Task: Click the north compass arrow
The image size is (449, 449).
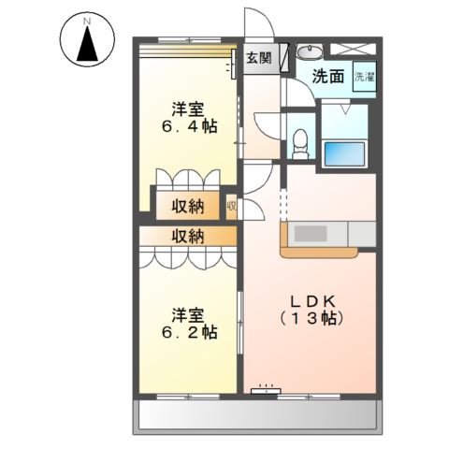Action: (x=88, y=44)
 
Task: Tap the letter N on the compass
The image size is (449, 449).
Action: (x=87, y=22)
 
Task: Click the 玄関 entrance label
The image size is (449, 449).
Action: (x=259, y=58)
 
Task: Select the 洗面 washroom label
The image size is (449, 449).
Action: (x=328, y=77)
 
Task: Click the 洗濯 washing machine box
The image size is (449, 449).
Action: (x=365, y=77)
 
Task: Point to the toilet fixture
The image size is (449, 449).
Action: (x=300, y=144)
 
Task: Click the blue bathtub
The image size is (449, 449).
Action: (x=344, y=154)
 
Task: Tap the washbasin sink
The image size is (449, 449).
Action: (x=310, y=51)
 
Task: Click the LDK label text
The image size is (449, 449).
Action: (x=312, y=301)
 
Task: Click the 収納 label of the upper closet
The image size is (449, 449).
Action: (x=188, y=206)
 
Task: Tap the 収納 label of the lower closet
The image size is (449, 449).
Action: (x=188, y=237)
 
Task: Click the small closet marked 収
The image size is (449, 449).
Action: (x=232, y=207)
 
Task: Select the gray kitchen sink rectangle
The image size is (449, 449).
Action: (x=311, y=234)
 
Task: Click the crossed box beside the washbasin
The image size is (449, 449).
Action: (x=354, y=49)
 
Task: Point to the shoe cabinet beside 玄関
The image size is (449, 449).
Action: (x=284, y=58)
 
